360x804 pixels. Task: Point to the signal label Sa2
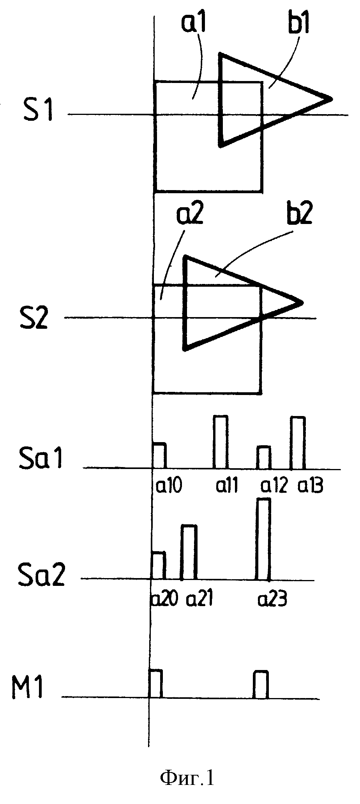click(x=41, y=576)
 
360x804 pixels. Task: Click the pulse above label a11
click(x=221, y=442)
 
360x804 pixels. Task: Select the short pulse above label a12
click(x=264, y=457)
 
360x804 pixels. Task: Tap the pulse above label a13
click(x=298, y=443)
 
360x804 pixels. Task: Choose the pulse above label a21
click(x=189, y=552)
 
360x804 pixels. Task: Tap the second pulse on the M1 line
click(x=261, y=684)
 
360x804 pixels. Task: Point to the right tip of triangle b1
click(x=332, y=99)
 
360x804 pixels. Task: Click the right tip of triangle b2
click(x=303, y=302)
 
